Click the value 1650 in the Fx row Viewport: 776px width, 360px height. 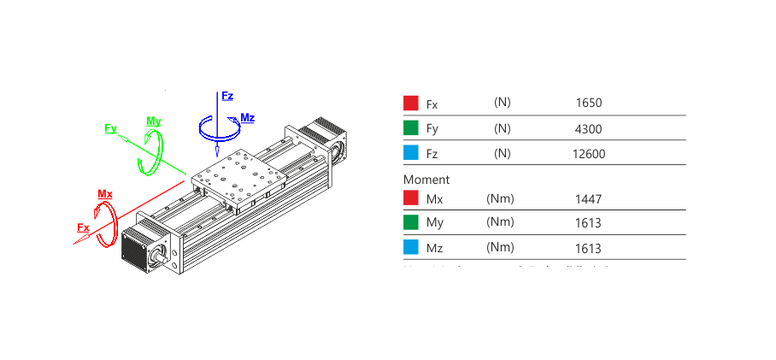(x=589, y=103)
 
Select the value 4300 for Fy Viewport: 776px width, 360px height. (x=589, y=129)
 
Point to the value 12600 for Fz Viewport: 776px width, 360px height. (x=589, y=154)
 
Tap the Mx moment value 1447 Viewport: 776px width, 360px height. (x=589, y=199)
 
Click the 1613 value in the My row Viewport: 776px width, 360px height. (x=589, y=223)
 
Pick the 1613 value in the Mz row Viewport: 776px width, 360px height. (x=589, y=249)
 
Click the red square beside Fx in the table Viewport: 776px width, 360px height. (x=411, y=103)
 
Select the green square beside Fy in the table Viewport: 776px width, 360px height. (x=411, y=128)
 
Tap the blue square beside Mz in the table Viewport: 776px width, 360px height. (x=411, y=248)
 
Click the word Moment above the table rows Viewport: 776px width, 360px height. (x=426, y=180)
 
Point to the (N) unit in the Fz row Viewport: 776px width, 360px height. (x=502, y=153)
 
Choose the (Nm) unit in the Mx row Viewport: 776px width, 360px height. (x=500, y=198)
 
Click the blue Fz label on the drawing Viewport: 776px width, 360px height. (x=227, y=96)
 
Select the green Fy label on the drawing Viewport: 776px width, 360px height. (x=110, y=128)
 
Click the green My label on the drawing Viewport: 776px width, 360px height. (x=154, y=121)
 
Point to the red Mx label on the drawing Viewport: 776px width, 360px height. (x=105, y=194)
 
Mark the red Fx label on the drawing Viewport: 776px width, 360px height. (x=83, y=227)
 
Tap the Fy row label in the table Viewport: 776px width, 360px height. (x=432, y=129)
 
